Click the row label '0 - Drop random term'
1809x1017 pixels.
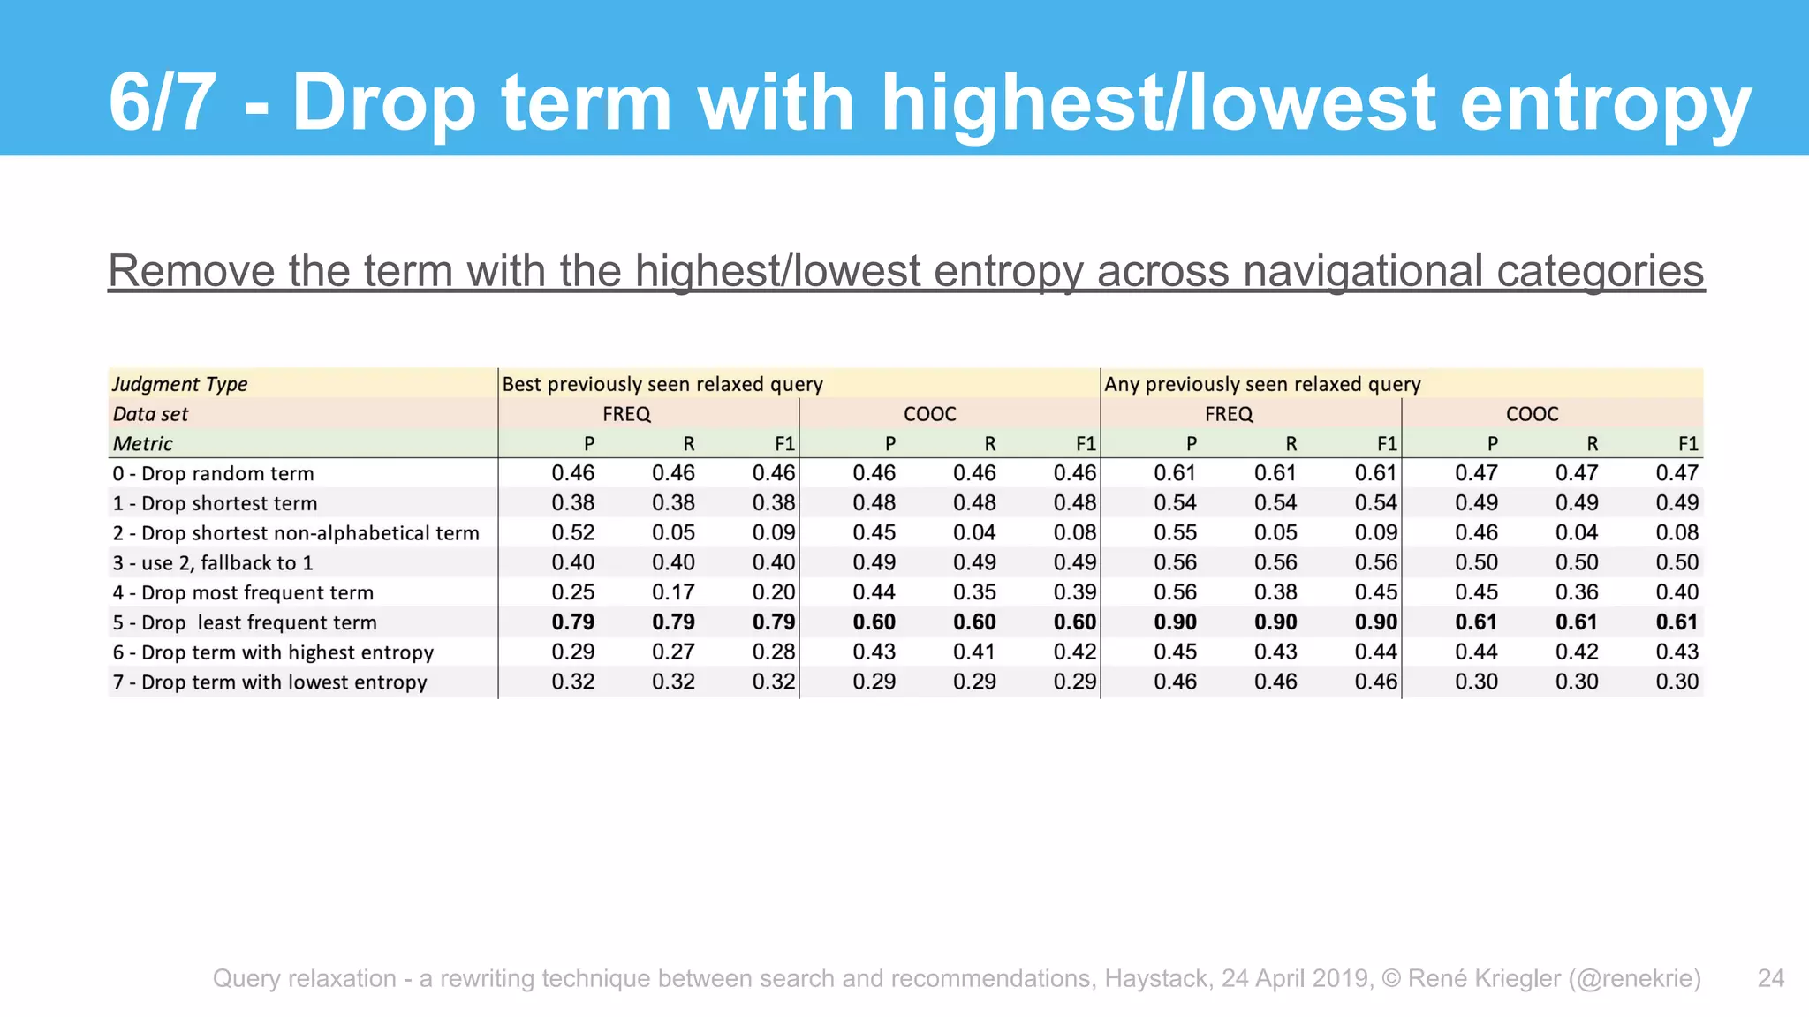click(x=213, y=473)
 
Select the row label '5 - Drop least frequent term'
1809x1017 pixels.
click(x=245, y=622)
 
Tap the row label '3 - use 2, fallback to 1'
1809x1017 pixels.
click(x=213, y=563)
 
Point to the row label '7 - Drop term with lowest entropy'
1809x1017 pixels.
click(x=269, y=682)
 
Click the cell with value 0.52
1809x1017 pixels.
click(x=572, y=533)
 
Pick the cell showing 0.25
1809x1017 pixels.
click(x=572, y=592)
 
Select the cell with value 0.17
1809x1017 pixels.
click(x=673, y=592)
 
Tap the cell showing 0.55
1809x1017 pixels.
click(x=1175, y=533)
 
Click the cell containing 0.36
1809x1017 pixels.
click(x=1577, y=592)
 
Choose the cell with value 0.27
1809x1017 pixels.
click(x=673, y=652)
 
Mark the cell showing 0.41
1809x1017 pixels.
click(x=974, y=652)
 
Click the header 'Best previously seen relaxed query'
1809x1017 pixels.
click(x=662, y=384)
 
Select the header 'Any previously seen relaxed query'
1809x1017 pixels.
click(x=1262, y=384)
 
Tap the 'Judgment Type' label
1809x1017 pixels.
click(x=179, y=384)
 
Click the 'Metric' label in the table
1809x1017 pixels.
click(x=142, y=443)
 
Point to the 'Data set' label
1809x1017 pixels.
click(x=150, y=414)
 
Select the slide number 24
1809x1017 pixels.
click(x=1770, y=978)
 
